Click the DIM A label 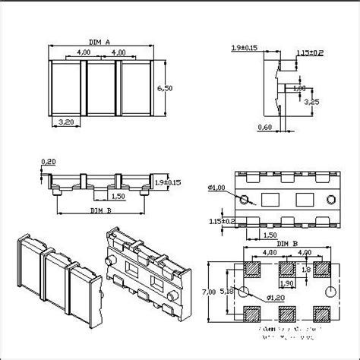tap(99, 43)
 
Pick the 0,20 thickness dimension tap(49, 162)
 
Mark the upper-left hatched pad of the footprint tap(252, 270)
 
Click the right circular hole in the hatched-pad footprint tap(327, 292)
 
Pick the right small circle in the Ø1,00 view tap(330, 200)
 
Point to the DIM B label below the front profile tap(101, 210)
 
